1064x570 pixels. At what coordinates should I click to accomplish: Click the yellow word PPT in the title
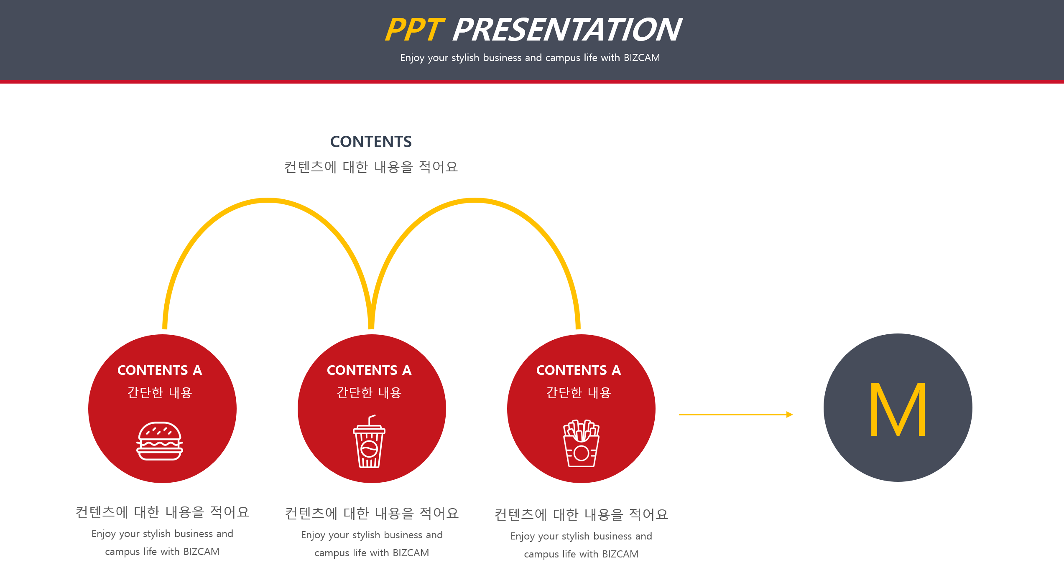coord(414,30)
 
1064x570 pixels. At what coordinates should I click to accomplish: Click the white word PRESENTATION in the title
coord(567,30)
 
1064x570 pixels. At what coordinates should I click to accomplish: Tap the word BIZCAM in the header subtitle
coord(642,58)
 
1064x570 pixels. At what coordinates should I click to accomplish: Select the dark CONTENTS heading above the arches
coord(371,142)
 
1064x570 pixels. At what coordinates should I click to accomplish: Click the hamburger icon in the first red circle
coord(160,441)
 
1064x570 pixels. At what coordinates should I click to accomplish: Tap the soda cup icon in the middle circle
coord(369,441)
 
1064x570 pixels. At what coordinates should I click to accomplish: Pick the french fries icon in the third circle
coord(581,443)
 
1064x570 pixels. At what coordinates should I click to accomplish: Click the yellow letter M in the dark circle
coord(898,410)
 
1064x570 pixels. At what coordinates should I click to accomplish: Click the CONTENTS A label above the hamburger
coord(160,370)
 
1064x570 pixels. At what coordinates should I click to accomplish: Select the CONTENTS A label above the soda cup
coord(369,370)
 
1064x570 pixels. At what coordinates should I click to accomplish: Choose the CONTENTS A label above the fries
coord(579,370)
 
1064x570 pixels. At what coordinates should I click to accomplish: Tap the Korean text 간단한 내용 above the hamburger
coord(160,392)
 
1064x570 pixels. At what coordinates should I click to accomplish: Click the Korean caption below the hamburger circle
coord(162,512)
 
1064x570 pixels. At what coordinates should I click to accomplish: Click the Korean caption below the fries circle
coord(581,514)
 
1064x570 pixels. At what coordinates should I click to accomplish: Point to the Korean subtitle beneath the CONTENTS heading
coord(371,167)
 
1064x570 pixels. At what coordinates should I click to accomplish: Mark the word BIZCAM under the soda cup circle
coord(411,553)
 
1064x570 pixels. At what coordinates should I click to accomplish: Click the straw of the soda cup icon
coord(371,420)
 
